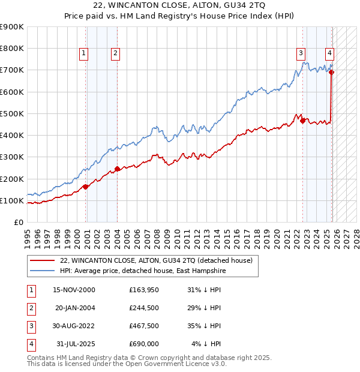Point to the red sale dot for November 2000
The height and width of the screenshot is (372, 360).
[86, 187]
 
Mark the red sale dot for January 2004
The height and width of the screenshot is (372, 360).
[117, 169]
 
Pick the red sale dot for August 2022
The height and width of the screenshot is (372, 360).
[302, 121]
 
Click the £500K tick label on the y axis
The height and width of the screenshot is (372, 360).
[12, 113]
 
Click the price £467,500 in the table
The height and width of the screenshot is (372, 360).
[143, 326]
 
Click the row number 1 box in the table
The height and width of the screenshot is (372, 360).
[31, 290]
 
